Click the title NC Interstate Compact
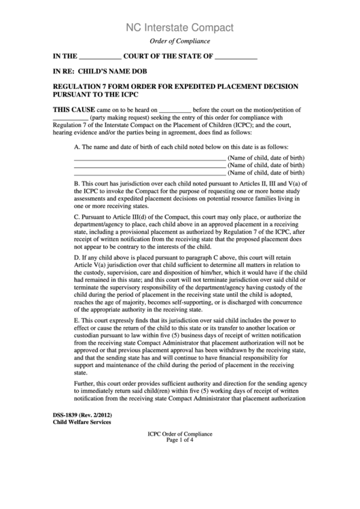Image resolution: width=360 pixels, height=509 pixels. coord(180,28)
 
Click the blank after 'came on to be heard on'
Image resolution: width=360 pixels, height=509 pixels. coord(175,110)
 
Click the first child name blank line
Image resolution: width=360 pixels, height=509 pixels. coord(149,158)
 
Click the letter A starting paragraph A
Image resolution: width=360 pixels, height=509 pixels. coord(77,147)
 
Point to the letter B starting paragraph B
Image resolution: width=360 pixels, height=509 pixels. coord(77,183)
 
